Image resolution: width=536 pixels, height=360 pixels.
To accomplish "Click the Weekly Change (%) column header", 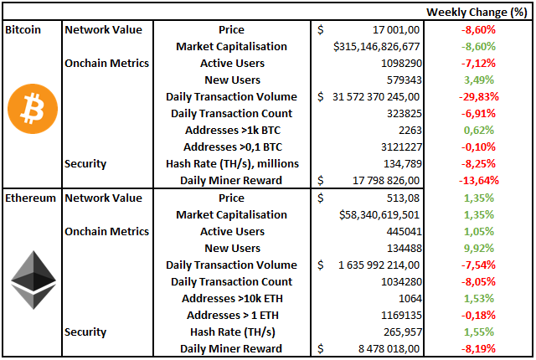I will point(477,12).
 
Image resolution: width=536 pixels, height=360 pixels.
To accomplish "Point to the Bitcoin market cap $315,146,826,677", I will point(376,46).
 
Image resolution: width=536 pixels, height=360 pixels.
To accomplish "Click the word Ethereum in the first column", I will point(32,198).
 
